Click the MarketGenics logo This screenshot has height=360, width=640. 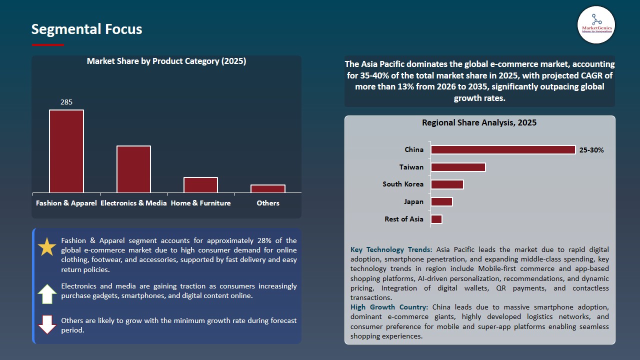596,24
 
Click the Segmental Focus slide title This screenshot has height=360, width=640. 86,29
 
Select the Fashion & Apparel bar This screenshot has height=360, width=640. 66,151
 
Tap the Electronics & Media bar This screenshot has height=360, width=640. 133,169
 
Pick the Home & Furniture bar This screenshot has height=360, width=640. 200,184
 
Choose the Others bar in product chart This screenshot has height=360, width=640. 268,188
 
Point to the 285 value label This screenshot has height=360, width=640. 66,102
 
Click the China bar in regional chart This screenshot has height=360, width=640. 503,149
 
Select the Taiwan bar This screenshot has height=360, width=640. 458,167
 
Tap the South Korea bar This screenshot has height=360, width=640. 447,184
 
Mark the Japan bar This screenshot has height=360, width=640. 441,201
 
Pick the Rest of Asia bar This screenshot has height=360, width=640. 436,219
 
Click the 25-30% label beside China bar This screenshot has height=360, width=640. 591,150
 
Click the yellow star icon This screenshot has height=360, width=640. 47,247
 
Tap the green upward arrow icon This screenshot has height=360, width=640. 47,294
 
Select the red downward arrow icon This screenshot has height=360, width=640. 47,324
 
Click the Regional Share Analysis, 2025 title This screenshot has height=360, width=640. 479,123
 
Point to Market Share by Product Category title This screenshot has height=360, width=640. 166,61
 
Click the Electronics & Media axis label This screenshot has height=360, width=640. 133,203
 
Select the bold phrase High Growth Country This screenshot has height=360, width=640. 389,307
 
